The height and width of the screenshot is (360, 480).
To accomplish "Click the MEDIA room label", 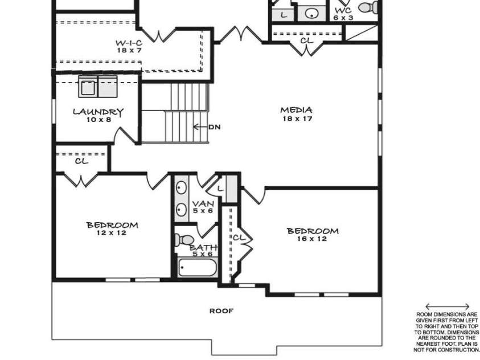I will pos(296,110).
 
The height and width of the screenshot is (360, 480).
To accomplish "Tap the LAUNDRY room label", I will pos(98,112).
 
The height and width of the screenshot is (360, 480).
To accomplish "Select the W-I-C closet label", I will pos(129,43).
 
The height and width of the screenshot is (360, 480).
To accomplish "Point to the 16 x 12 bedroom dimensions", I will pos(313,239).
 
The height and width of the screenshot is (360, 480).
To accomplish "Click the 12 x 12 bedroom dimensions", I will pos(112,233).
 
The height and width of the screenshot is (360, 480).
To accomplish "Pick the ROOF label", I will pos(221,311).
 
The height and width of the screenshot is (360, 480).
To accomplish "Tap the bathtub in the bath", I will pos(197,268).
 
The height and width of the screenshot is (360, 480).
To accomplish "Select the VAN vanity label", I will pos(203,203).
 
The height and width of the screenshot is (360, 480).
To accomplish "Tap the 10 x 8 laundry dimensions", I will pos(99,120).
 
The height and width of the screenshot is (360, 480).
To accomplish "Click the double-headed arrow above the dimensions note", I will pos(447,306).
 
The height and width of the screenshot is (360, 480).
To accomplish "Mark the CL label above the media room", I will pos(306,40).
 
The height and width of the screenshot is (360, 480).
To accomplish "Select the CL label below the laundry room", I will pos(81,161).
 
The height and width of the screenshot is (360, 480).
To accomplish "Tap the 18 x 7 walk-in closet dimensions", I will pos(129,51).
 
